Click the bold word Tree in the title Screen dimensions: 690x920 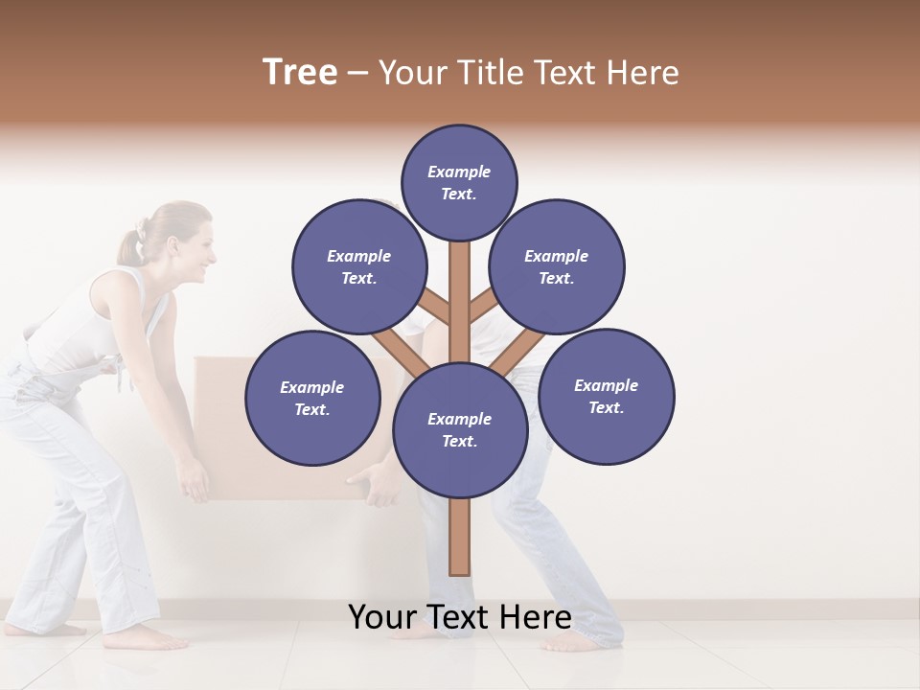[300, 72]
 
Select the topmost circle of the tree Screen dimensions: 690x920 [459, 182]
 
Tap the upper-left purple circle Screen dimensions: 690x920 [358, 267]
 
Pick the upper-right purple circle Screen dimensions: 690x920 [557, 267]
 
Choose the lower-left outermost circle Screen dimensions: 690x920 [312, 398]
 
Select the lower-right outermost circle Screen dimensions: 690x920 [607, 396]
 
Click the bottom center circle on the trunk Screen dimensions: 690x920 [460, 430]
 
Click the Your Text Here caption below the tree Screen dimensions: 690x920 [460, 617]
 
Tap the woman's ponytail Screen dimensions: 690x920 [130, 244]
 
